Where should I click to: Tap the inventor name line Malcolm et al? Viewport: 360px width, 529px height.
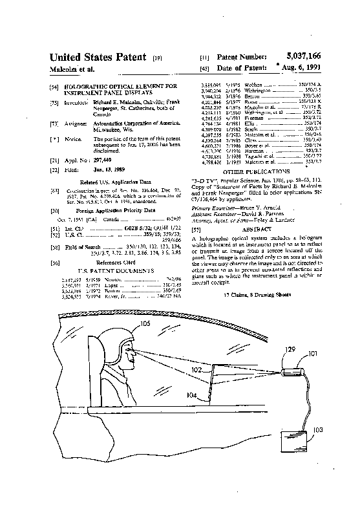[72, 69]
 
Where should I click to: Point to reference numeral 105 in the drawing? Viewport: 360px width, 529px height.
[145, 323]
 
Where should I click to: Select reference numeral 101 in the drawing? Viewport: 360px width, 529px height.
[312, 354]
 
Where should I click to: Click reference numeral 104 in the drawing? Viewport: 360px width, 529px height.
[192, 394]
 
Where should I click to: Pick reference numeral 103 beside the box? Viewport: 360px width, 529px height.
[318, 429]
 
